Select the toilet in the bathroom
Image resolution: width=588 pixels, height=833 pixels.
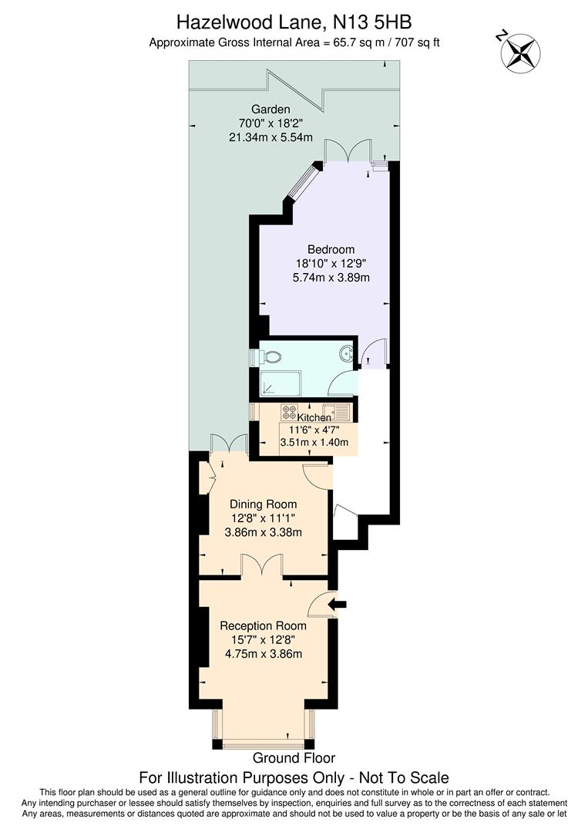[x=268, y=357]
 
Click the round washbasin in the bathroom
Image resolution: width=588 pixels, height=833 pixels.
[x=348, y=353]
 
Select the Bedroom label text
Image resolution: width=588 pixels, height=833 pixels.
[x=331, y=249]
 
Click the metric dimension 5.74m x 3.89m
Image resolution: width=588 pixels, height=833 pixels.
[x=331, y=277]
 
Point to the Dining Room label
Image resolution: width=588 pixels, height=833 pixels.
[x=262, y=504]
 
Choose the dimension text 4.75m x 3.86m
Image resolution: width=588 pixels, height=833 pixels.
[x=262, y=654]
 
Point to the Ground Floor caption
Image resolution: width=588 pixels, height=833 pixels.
[x=294, y=758]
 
